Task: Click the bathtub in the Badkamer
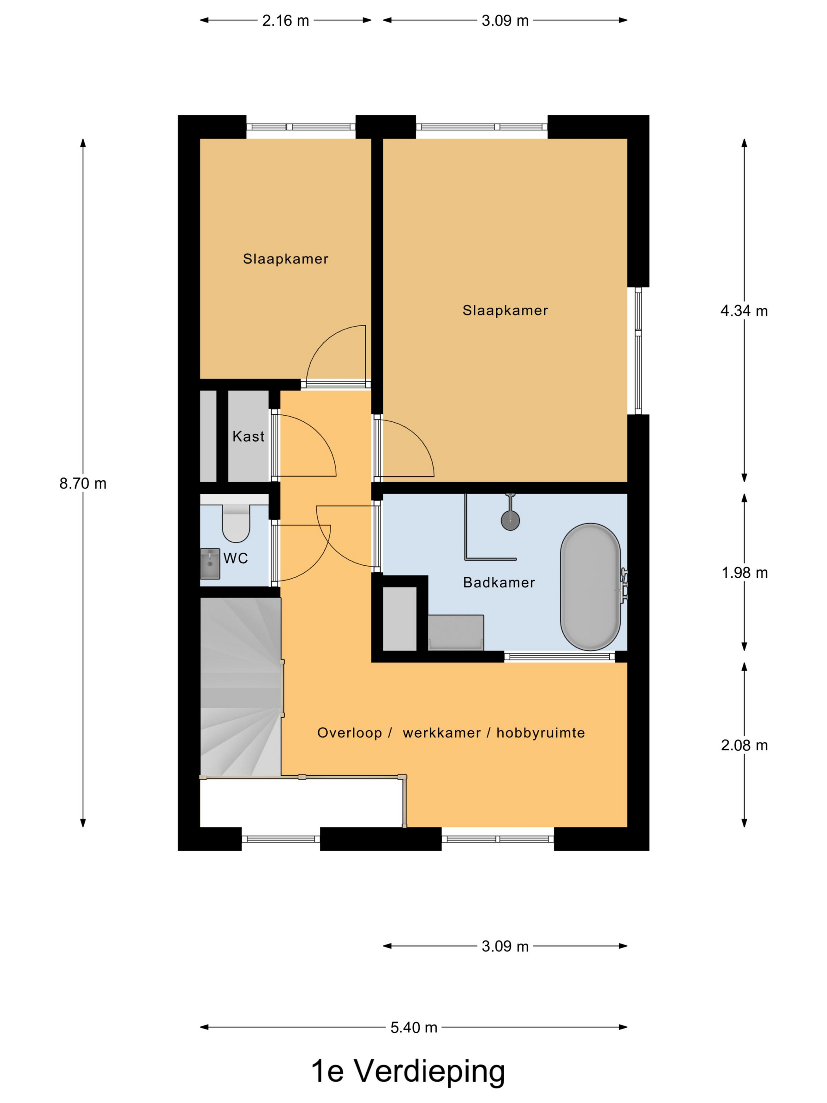click(x=590, y=587)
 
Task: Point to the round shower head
click(x=510, y=520)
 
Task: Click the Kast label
click(x=248, y=436)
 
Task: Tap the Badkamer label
click(x=499, y=582)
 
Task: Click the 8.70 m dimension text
click(x=83, y=484)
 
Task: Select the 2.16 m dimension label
click(x=286, y=21)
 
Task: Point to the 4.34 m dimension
click(x=744, y=311)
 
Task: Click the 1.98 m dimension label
click(x=744, y=573)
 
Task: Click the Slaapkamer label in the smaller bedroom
click(x=286, y=259)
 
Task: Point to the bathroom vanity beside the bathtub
click(x=456, y=632)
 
